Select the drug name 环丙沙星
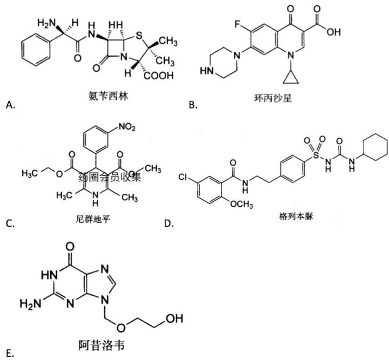272,99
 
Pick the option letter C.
9,223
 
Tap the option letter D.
169,223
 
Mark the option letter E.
9,354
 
